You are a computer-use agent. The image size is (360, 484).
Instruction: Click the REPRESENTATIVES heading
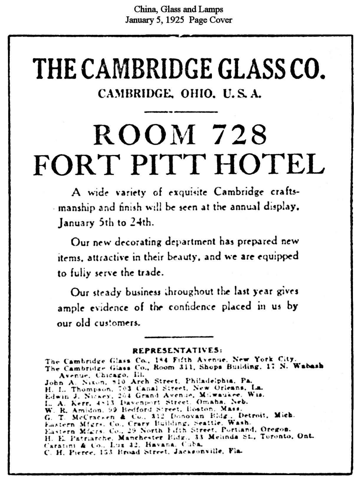[177, 350]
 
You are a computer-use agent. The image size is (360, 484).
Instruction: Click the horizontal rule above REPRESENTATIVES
[179, 337]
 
